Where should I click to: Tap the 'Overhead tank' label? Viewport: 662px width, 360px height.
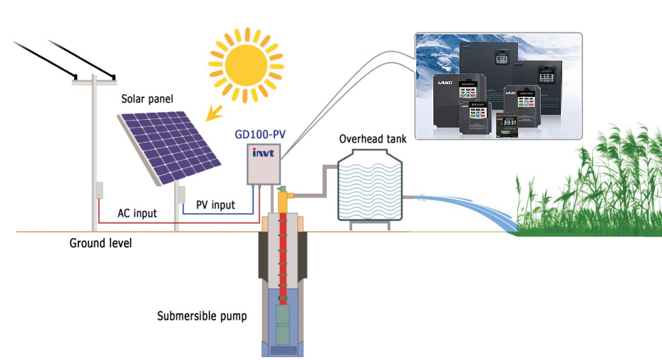[373, 138]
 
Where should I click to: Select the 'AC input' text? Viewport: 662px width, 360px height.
[138, 213]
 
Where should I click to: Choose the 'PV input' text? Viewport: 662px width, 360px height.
[215, 205]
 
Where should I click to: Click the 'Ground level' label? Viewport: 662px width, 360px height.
[100, 243]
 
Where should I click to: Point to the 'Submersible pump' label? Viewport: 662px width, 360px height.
[202, 315]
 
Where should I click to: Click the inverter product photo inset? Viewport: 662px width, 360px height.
[498, 86]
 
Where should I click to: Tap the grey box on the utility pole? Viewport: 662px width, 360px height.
[98, 190]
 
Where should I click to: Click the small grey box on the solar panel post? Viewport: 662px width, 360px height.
[182, 195]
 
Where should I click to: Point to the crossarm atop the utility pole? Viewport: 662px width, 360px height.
[94, 81]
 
